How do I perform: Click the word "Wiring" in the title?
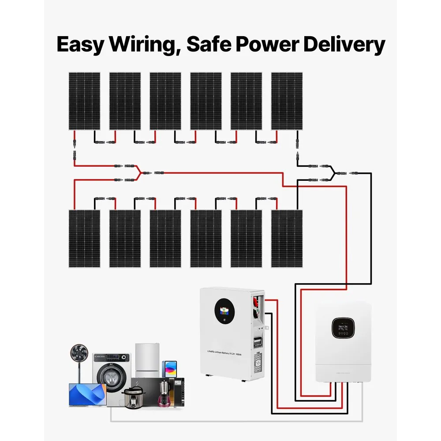click(x=144, y=45)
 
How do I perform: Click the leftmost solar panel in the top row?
click(x=84, y=101)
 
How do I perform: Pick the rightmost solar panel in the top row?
click(x=287, y=101)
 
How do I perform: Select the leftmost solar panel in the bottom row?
click(x=84, y=239)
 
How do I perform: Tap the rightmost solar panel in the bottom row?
click(x=287, y=239)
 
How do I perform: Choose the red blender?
click(x=165, y=392)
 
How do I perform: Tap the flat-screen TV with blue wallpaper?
click(x=87, y=394)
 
